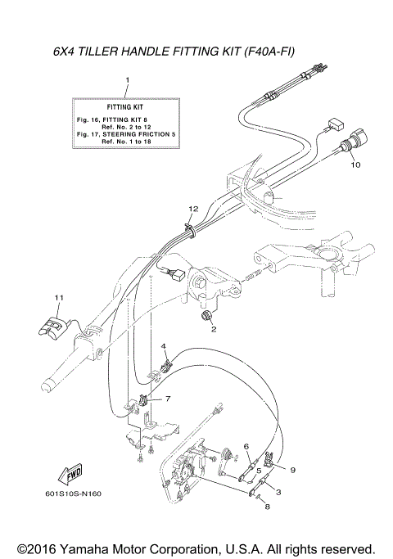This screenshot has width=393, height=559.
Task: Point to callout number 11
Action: tap(163, 346)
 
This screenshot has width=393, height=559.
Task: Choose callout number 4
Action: tap(246, 445)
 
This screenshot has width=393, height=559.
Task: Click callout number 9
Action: tap(291, 470)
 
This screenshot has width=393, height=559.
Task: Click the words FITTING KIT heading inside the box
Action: tap(126, 107)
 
